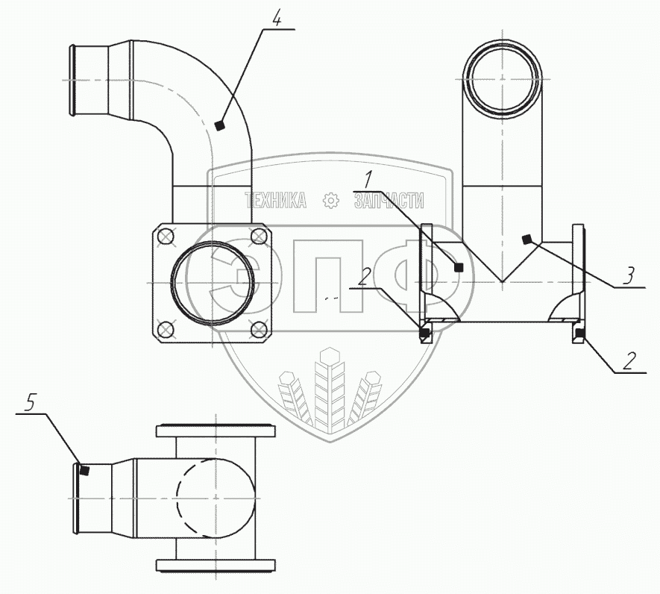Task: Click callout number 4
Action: click(277, 19)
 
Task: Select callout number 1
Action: click(368, 180)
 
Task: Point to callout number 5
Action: click(29, 404)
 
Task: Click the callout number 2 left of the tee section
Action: click(363, 278)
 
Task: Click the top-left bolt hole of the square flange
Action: click(166, 237)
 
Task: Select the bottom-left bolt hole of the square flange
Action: click(166, 328)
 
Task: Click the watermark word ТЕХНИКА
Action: click(276, 200)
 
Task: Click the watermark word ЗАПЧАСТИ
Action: click(389, 200)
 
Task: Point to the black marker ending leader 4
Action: click(219, 125)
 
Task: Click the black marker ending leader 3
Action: click(527, 239)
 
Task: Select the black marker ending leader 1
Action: click(459, 266)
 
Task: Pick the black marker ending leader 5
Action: click(85, 470)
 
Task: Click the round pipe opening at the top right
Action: click(503, 76)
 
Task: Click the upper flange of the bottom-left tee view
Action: click(215, 431)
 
